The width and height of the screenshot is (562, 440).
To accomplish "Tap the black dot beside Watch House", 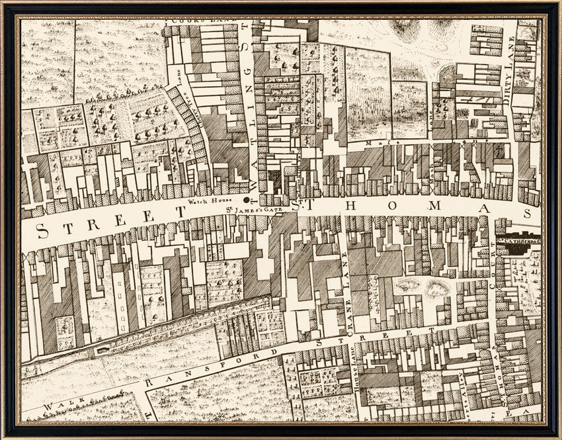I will pos(247,199).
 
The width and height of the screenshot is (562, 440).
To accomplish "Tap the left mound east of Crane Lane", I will pos(407,285).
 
